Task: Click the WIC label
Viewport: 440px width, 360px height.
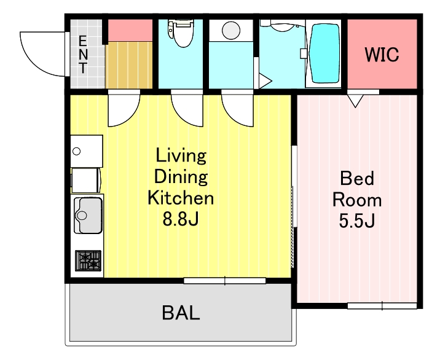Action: (382, 55)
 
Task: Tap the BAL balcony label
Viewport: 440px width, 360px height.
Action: (181, 313)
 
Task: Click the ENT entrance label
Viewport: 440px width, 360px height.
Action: (83, 55)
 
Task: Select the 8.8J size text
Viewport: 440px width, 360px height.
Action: (181, 219)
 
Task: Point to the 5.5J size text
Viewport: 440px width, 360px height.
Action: (357, 221)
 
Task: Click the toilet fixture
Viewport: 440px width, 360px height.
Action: (181, 33)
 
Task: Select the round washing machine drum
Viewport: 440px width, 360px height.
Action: (231, 30)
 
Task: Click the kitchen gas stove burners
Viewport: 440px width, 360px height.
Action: (88, 260)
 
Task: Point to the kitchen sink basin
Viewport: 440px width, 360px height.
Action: (88, 216)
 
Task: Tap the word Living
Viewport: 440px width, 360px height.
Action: (181, 155)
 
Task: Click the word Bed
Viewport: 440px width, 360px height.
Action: (357, 178)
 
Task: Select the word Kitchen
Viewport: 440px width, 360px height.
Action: (181, 198)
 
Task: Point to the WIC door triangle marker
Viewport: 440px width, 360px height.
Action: (355, 101)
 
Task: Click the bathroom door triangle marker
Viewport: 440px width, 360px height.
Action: (265, 81)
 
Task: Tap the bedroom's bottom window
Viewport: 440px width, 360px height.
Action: (382, 305)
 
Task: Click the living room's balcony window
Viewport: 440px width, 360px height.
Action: (225, 281)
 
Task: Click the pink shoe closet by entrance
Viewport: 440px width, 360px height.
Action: (130, 30)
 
